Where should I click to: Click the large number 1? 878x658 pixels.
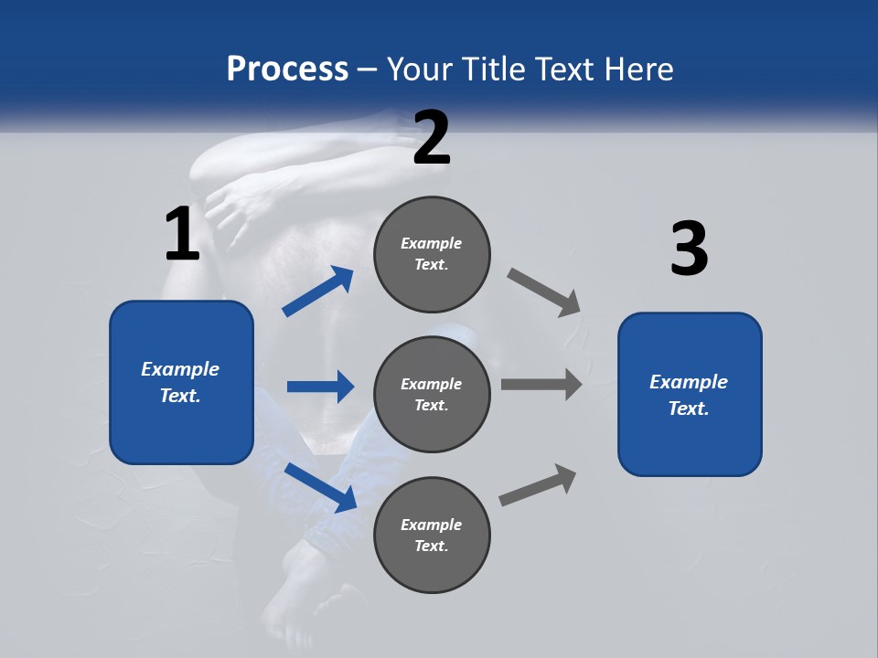pyautogui.click(x=182, y=235)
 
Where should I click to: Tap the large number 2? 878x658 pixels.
pyautogui.click(x=432, y=138)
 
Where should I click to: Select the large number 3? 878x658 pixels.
pyautogui.click(x=689, y=249)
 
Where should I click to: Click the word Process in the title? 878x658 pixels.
pyautogui.click(x=287, y=69)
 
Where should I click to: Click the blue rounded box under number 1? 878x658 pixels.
pyautogui.click(x=181, y=382)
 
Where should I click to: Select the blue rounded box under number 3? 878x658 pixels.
pyautogui.click(x=690, y=395)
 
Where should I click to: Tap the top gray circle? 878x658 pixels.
pyautogui.click(x=432, y=254)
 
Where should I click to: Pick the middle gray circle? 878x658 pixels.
pyautogui.click(x=432, y=394)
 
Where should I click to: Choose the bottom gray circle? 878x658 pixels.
pyautogui.click(x=432, y=535)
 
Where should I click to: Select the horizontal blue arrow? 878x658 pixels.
pyautogui.click(x=320, y=387)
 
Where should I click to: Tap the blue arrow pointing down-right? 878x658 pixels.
pyautogui.click(x=322, y=487)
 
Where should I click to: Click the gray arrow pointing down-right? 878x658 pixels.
pyautogui.click(x=544, y=292)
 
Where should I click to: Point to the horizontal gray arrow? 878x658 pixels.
pyautogui.click(x=541, y=385)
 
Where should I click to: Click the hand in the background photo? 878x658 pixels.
pyautogui.click(x=240, y=206)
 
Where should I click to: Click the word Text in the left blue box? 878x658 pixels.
pyautogui.click(x=180, y=396)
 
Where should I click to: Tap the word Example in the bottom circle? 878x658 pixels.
pyautogui.click(x=432, y=525)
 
